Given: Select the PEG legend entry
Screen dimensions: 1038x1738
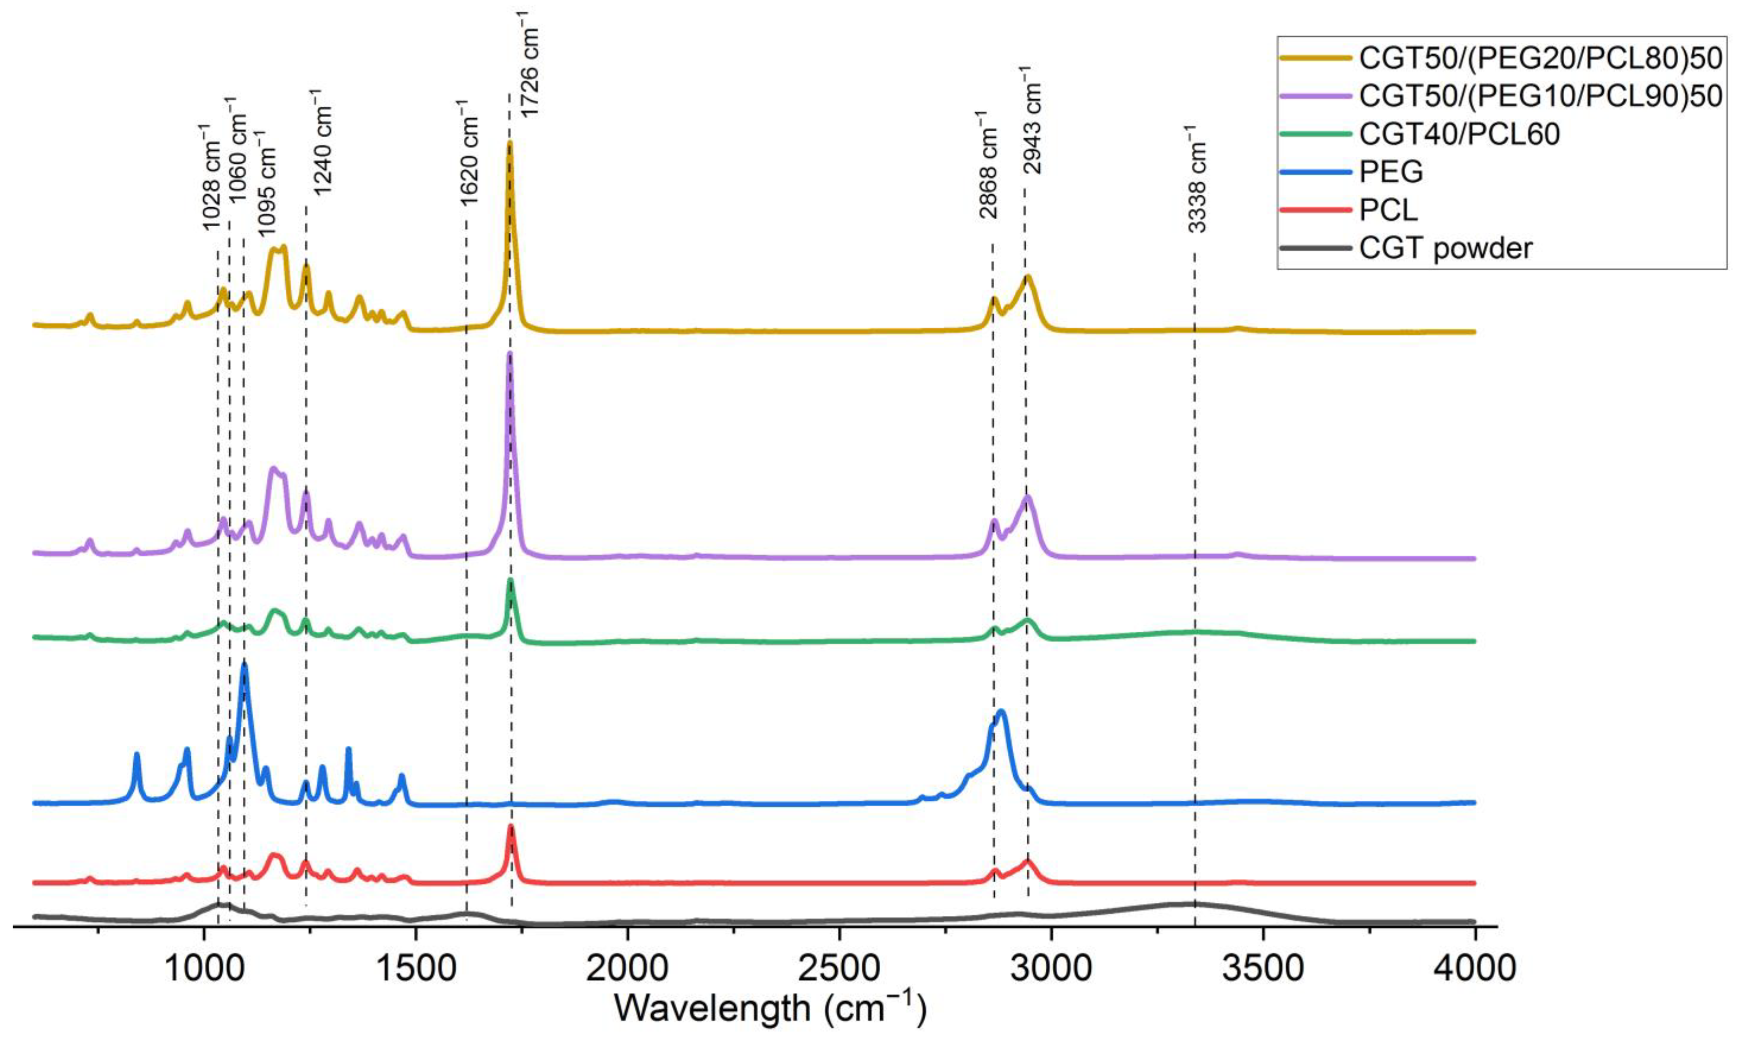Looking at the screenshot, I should (1391, 171).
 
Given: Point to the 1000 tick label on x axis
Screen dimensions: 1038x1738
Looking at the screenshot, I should (203, 970).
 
